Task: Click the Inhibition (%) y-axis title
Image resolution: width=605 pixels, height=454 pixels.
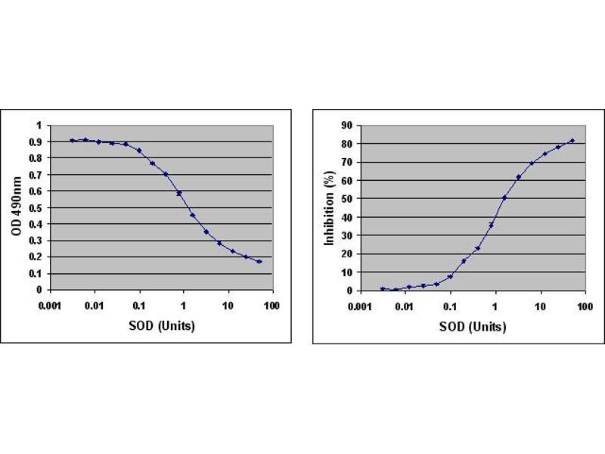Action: coord(329,207)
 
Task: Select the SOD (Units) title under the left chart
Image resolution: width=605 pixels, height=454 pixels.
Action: coord(161,326)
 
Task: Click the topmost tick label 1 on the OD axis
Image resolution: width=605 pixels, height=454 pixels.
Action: coord(39,125)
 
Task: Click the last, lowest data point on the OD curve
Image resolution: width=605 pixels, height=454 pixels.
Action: coord(259,261)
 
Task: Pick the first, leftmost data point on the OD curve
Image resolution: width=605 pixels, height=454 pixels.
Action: coord(73,140)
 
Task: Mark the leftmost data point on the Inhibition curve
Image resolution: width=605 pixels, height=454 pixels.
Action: coord(383,288)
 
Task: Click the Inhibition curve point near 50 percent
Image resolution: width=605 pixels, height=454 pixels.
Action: coord(504,197)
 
